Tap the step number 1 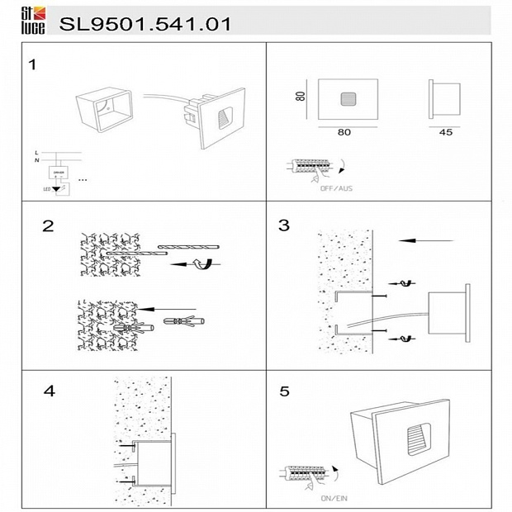(x=32, y=64)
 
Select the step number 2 (x=48, y=225)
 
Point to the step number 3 (x=284, y=225)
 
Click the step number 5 (x=284, y=391)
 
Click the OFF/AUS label (x=336, y=188)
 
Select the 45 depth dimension (x=445, y=132)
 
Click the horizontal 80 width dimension (x=344, y=132)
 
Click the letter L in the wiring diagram (x=36, y=154)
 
